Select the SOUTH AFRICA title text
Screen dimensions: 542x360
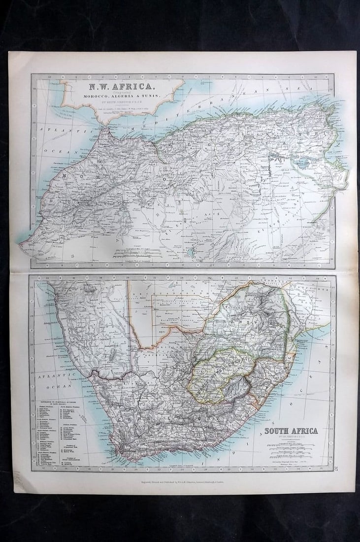tap(291, 431)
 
